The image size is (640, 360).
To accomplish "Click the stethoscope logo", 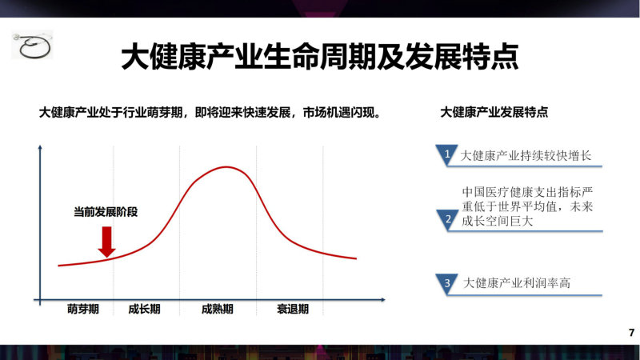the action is click(32, 46).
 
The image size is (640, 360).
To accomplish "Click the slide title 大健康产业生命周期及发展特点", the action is click(319, 57).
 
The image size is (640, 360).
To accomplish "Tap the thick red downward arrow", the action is click(106, 242).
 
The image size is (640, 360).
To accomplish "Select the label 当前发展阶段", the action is click(106, 212).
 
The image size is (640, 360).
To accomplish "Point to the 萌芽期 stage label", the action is click(83, 309).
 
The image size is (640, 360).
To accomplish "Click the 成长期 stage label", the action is click(144, 309).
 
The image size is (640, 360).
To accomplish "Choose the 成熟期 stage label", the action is click(218, 309).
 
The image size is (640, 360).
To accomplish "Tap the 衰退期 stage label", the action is click(293, 309).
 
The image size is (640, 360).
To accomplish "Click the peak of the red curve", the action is click(226, 167).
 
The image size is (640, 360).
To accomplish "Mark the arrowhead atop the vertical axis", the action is click(40, 147).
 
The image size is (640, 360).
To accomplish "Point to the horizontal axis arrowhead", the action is click(383, 300).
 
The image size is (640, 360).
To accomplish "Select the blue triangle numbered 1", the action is click(446, 154).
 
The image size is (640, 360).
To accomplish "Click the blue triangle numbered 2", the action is click(447, 219).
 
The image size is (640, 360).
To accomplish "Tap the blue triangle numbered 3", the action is click(447, 283).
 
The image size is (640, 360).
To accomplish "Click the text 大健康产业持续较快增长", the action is click(526, 155).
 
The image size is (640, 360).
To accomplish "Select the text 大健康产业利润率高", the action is click(516, 283).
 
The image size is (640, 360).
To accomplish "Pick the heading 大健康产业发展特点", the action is click(494, 112).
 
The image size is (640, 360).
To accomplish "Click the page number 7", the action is click(631, 333).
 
